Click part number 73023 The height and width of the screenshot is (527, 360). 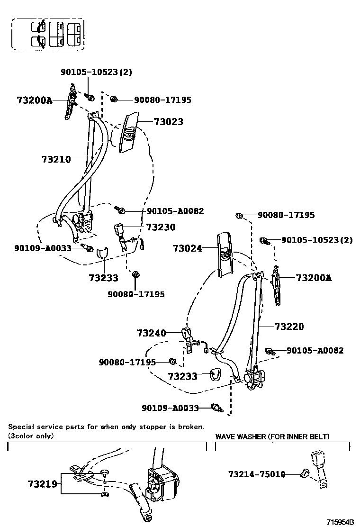[168, 122]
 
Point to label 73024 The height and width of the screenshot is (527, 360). [187, 248]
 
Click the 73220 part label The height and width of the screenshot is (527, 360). [289, 327]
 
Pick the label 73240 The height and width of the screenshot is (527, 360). [152, 333]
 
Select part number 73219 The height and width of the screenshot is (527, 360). [42, 484]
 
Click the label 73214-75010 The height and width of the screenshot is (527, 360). [257, 474]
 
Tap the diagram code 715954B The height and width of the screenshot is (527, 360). [340, 522]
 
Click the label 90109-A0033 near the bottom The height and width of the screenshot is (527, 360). [171, 408]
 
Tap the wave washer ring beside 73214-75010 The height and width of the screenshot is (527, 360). [305, 473]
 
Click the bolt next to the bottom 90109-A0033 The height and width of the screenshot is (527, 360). [217, 408]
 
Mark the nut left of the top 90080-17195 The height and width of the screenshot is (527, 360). [114, 99]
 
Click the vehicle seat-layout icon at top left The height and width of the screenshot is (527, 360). [47, 34]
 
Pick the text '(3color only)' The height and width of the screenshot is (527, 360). [31, 436]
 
